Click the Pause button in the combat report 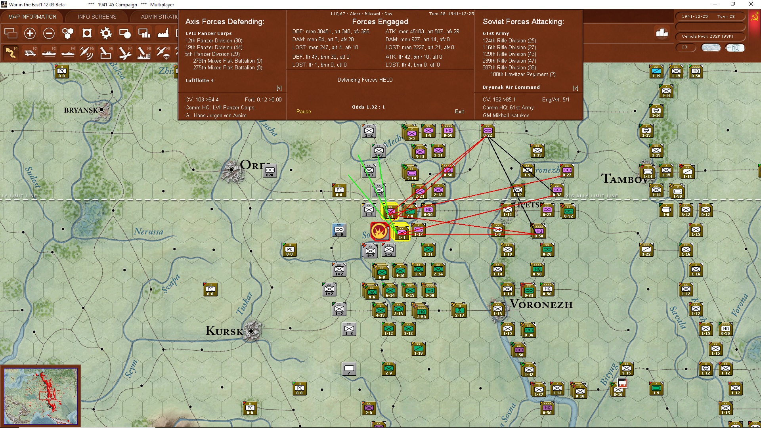pyautogui.click(x=304, y=112)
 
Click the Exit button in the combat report pyautogui.click(x=459, y=112)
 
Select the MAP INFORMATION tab pyautogui.click(x=32, y=17)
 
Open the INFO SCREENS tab pyautogui.click(x=97, y=17)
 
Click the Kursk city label pyautogui.click(x=224, y=331)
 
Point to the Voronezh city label pyautogui.click(x=541, y=304)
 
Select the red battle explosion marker pyautogui.click(x=379, y=231)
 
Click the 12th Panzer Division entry pyautogui.click(x=214, y=40)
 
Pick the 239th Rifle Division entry pyautogui.click(x=509, y=61)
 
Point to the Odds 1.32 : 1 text pyautogui.click(x=368, y=107)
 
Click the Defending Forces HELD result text pyautogui.click(x=365, y=80)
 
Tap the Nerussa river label pyautogui.click(x=149, y=231)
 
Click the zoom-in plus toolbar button pyautogui.click(x=30, y=33)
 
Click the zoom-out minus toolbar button pyautogui.click(x=49, y=33)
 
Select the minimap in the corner pyautogui.click(x=40, y=396)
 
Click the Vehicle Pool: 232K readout pyautogui.click(x=707, y=36)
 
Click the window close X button pyautogui.click(x=751, y=4)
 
